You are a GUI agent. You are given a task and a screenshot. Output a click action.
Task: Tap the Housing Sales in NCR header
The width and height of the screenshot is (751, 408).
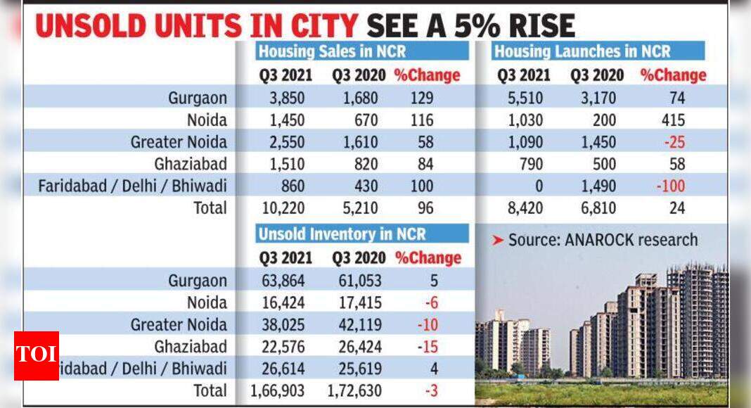tap(332, 51)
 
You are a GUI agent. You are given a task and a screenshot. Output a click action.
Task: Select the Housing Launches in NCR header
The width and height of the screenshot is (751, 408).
tap(582, 51)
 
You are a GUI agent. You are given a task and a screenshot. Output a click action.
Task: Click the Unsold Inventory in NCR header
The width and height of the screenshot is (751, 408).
tap(341, 234)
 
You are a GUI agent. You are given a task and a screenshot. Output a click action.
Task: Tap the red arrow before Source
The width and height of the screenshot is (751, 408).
tap(497, 240)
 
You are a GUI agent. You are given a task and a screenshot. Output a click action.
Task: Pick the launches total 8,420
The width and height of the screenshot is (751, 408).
tap(520, 208)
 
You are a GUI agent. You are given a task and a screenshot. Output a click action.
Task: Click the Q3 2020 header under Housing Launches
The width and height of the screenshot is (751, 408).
tap(593, 75)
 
